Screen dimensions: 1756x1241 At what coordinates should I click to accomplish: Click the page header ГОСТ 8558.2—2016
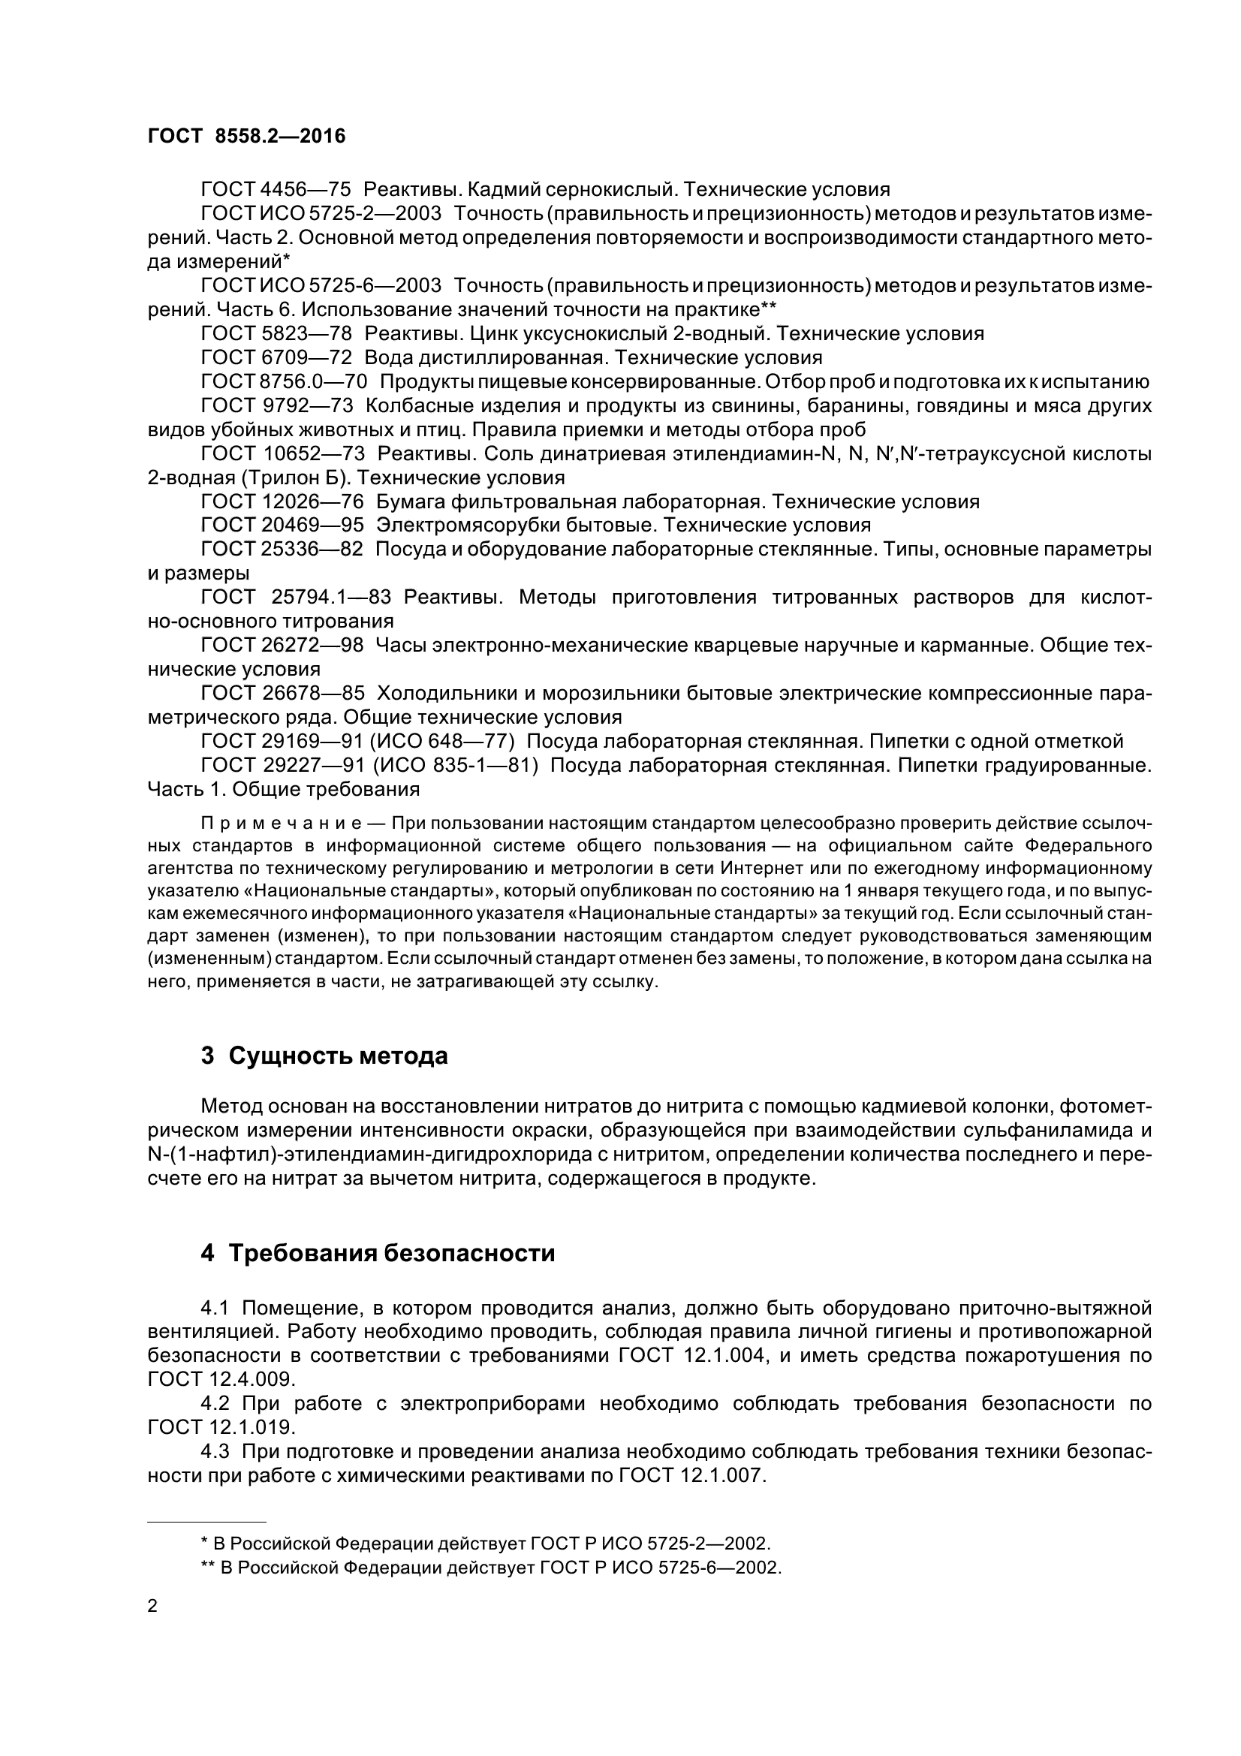point(246,136)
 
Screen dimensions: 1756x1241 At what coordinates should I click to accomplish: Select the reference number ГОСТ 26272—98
point(282,645)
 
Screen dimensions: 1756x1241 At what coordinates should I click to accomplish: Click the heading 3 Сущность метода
point(324,1056)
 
